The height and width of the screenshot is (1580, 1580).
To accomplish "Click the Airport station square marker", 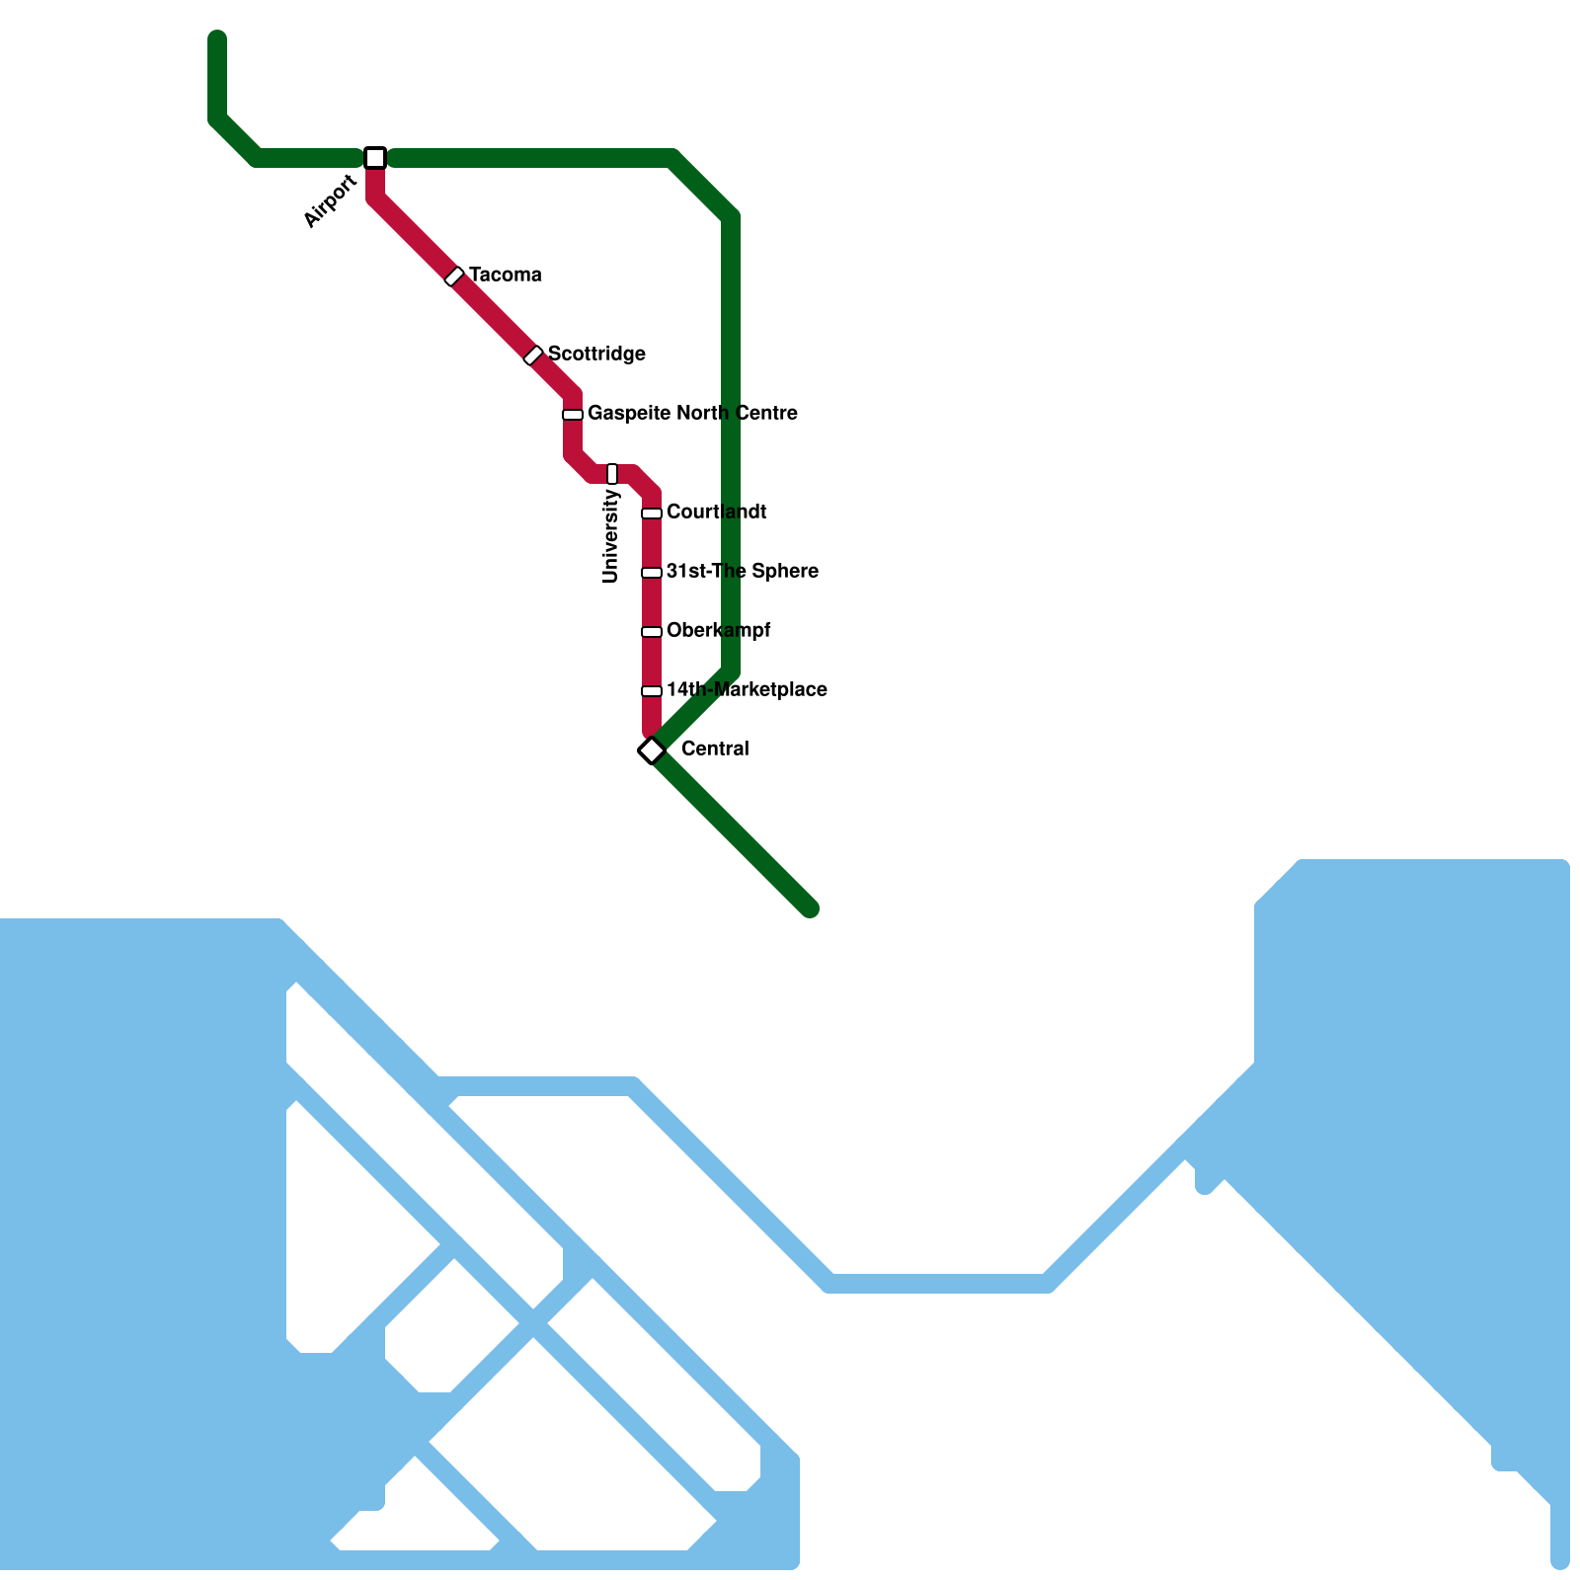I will (375, 158).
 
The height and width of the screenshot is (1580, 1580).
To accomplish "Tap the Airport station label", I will (330, 201).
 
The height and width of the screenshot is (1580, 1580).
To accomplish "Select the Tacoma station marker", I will (454, 276).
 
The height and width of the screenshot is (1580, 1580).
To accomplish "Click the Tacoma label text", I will (505, 275).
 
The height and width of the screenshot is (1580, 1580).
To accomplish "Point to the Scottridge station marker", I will (533, 355).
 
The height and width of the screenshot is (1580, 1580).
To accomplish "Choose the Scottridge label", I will (596, 354).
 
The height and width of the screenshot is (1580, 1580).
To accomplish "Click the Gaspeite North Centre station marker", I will (573, 415).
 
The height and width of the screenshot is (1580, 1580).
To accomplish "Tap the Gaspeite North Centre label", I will (692, 413).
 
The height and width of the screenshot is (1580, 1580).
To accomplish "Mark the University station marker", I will (612, 474).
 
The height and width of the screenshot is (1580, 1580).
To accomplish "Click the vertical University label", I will (610, 537).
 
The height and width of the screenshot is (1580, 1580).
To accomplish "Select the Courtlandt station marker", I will (652, 513).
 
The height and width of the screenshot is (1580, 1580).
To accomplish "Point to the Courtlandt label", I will (716, 512).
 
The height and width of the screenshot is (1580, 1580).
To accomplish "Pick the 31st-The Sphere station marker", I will (652, 573).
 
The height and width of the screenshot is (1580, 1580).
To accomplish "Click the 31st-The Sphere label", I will (742, 571).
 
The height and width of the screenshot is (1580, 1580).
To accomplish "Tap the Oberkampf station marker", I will (652, 632).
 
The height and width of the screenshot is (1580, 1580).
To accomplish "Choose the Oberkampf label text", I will (718, 630).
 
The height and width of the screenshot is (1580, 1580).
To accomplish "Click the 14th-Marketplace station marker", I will (652, 691).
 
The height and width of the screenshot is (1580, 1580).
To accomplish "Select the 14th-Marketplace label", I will (747, 689).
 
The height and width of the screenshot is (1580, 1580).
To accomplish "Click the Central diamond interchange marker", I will (652, 750).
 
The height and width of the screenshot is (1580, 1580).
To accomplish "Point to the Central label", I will (715, 749).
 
